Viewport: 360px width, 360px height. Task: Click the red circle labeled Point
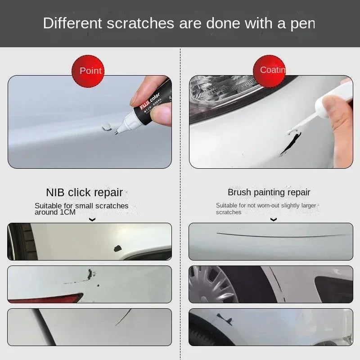(x=88, y=71)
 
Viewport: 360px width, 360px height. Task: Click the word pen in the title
(x=302, y=23)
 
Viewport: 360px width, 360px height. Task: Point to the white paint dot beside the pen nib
(x=107, y=127)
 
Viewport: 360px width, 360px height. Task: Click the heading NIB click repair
(x=85, y=193)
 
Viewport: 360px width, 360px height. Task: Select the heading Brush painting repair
(x=269, y=193)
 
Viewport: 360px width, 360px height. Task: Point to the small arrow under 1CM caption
(x=92, y=220)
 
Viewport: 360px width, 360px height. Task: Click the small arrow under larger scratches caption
(x=273, y=220)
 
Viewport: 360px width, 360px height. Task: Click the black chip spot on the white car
(x=118, y=248)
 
